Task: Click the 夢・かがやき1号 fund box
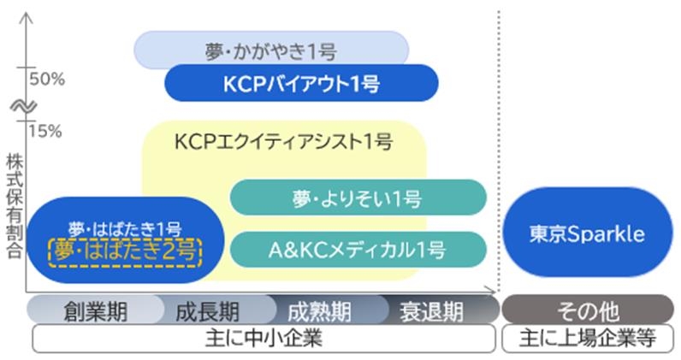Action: coord(270,49)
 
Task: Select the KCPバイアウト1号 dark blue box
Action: coord(301,83)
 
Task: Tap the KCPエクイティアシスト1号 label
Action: coord(283,141)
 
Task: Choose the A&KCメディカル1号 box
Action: coord(358,250)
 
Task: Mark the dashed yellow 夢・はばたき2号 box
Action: coord(125,251)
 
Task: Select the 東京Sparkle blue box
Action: coord(587,233)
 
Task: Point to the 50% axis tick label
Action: coord(47,80)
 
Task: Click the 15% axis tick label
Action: coord(47,131)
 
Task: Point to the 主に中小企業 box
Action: coord(264,339)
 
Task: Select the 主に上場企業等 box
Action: coord(587,339)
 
